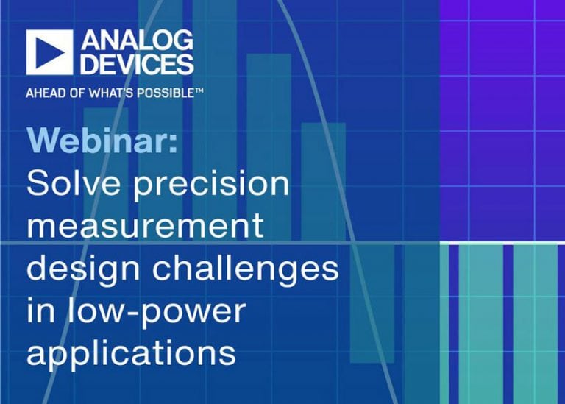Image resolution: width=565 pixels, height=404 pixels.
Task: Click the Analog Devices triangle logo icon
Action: click(x=49, y=52)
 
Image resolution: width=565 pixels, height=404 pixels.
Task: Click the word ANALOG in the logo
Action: click(x=138, y=40)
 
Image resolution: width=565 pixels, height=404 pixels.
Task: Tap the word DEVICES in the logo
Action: click(x=138, y=64)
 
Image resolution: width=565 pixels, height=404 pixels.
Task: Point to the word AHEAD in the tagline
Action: click(x=43, y=93)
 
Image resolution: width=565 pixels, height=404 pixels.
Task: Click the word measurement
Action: click(x=145, y=226)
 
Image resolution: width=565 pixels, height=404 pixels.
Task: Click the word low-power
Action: click(x=159, y=311)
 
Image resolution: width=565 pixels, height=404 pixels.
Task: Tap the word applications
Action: click(x=131, y=354)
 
